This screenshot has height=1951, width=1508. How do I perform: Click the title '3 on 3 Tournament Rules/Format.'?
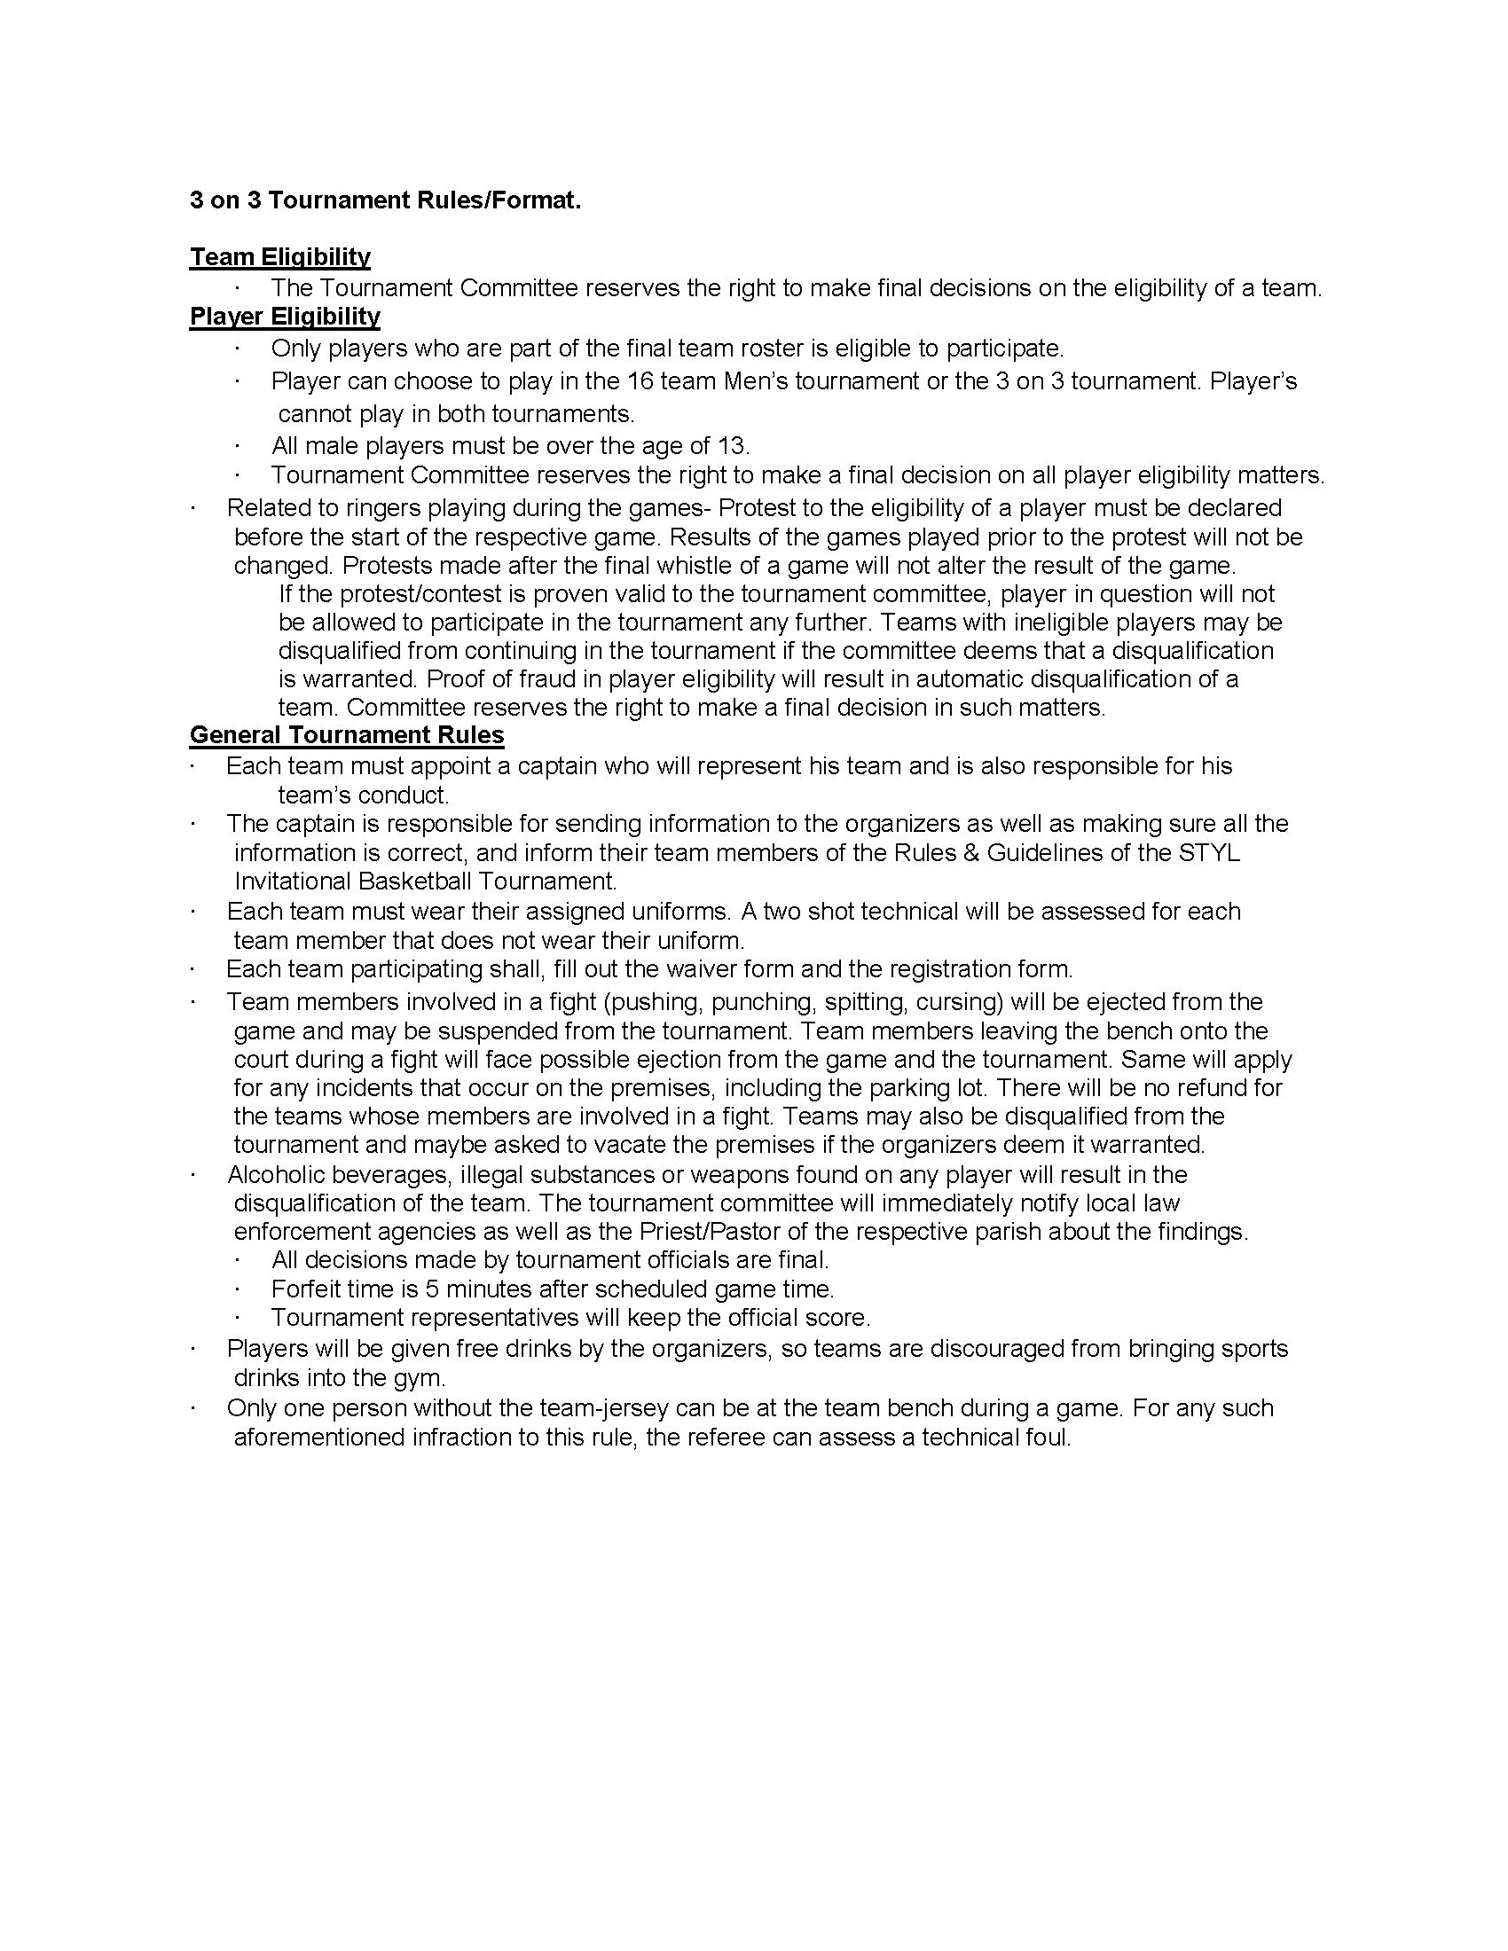[x=385, y=200]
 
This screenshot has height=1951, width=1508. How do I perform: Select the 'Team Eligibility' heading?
[x=279, y=257]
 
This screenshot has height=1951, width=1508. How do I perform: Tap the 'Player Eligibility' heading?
[x=285, y=317]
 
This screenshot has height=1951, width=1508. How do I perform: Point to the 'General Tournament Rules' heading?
[x=347, y=735]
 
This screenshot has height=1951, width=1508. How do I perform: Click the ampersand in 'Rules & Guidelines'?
[x=970, y=852]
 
